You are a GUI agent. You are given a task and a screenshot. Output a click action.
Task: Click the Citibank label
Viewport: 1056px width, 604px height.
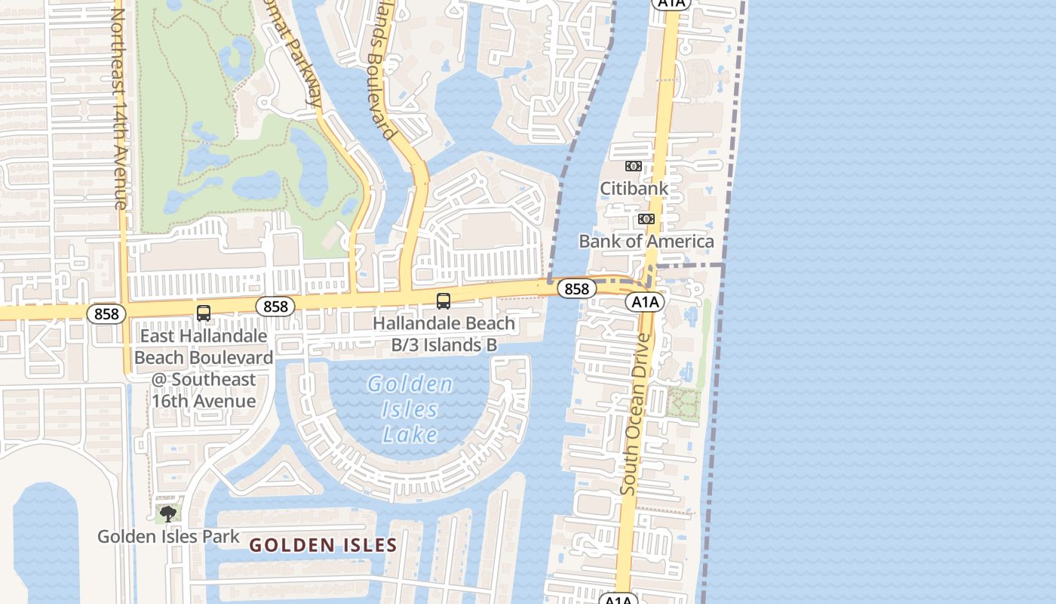634,188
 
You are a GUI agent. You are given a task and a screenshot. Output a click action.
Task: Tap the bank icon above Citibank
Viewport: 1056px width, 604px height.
634,166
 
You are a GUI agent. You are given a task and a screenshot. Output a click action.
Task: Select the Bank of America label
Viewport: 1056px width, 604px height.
646,242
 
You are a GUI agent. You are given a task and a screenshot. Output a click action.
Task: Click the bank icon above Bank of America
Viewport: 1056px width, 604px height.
646,219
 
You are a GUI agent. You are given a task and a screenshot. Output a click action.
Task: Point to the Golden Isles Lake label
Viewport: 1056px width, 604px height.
411,409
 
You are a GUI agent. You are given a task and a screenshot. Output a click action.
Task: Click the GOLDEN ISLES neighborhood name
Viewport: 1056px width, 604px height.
323,545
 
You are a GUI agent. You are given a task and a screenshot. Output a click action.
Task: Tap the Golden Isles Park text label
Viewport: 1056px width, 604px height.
168,537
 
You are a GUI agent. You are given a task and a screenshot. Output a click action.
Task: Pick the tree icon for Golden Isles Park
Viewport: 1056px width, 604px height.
167,515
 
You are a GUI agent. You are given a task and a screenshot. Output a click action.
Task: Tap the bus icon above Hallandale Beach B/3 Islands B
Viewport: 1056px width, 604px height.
444,301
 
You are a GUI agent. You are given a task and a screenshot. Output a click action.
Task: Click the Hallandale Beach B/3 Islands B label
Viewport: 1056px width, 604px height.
444,334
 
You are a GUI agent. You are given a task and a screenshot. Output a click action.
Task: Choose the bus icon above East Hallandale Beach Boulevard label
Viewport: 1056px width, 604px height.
204,313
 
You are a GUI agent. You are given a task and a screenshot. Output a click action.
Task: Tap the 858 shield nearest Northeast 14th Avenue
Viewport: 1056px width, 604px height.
106,313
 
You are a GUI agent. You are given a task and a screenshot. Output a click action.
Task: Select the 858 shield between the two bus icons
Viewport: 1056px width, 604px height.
275,306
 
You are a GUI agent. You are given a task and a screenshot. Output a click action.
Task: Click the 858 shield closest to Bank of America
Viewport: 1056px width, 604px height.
576,288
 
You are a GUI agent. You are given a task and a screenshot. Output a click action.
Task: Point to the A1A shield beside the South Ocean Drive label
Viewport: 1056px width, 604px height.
645,302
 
